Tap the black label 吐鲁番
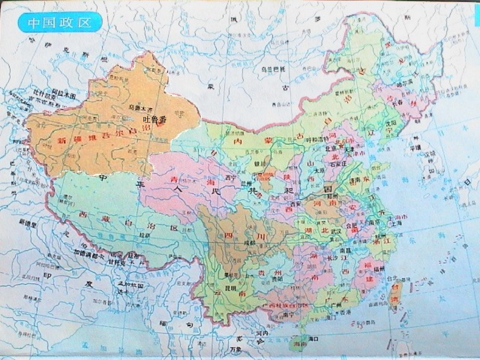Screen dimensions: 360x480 [155, 120]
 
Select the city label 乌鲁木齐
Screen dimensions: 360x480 [140, 108]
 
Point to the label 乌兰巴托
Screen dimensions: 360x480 [273, 69]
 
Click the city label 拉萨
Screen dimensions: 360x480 [146, 235]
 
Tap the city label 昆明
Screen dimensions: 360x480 [231, 288]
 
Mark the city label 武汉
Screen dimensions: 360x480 [337, 231]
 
